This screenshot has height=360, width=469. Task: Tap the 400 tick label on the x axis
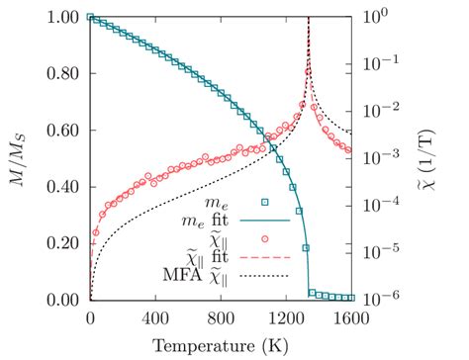point(155,318)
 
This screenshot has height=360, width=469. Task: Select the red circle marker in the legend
point(265,237)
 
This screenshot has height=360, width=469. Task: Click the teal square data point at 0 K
point(91,17)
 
